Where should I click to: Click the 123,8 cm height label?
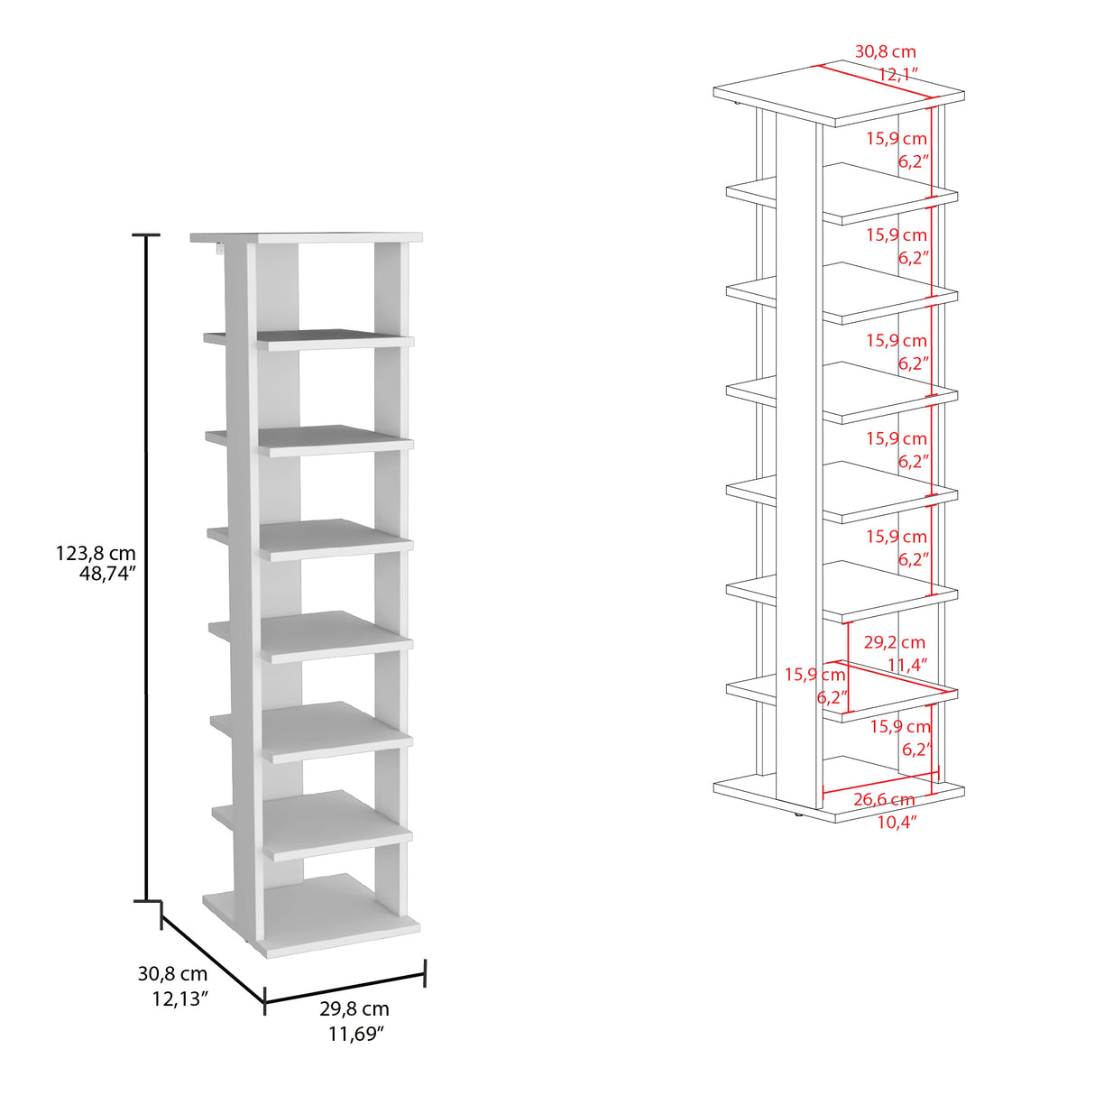[x=96, y=553]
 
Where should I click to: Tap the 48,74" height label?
[x=107, y=575]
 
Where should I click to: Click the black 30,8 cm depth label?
[x=172, y=974]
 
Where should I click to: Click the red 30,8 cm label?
[x=886, y=51]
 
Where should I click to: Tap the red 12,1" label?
[x=898, y=75]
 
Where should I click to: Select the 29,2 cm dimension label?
[x=895, y=643]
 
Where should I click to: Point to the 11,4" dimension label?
[x=907, y=664]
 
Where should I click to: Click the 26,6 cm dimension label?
[x=884, y=800]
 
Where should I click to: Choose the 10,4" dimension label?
[x=897, y=822]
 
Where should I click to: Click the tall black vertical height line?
[x=147, y=567]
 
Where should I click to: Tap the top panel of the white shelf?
[x=307, y=237]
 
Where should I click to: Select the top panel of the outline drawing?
[x=839, y=93]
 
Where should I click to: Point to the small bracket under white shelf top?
[x=220, y=250]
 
